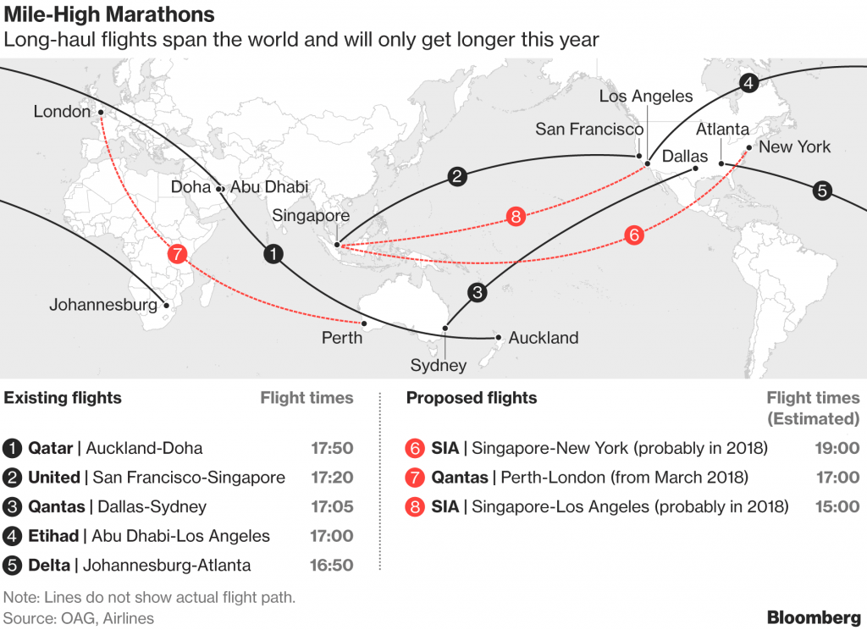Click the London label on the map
(x=62, y=111)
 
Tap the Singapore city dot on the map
(x=337, y=246)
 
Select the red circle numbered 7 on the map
(x=176, y=253)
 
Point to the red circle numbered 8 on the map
(x=516, y=216)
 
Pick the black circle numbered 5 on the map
(x=821, y=191)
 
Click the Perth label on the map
(x=342, y=338)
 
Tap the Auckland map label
(x=543, y=338)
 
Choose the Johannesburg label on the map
(x=103, y=304)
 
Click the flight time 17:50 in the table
(x=332, y=449)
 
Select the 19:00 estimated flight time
(x=838, y=449)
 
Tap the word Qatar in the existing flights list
(x=50, y=449)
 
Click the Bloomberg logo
(x=814, y=616)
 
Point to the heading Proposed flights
(x=471, y=398)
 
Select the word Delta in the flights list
(x=50, y=565)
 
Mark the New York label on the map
(x=794, y=146)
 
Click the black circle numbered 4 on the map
(x=748, y=83)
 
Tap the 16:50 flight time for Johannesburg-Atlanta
(x=332, y=565)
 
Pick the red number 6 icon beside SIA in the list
(x=415, y=449)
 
